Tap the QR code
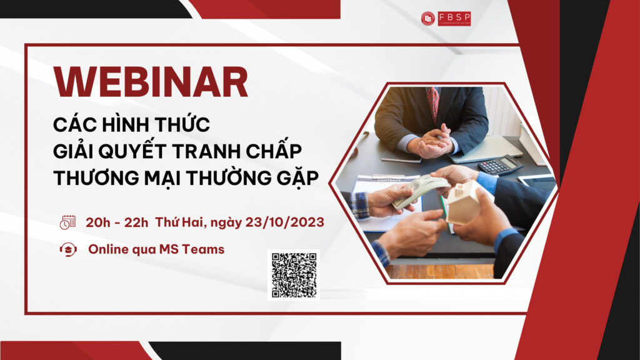click(294, 274)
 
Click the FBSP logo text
click(454, 19)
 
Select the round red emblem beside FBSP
click(428, 19)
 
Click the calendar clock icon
click(67, 221)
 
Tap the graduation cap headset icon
click(67, 249)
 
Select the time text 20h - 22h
click(116, 221)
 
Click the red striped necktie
click(432, 103)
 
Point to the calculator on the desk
click(500, 165)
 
